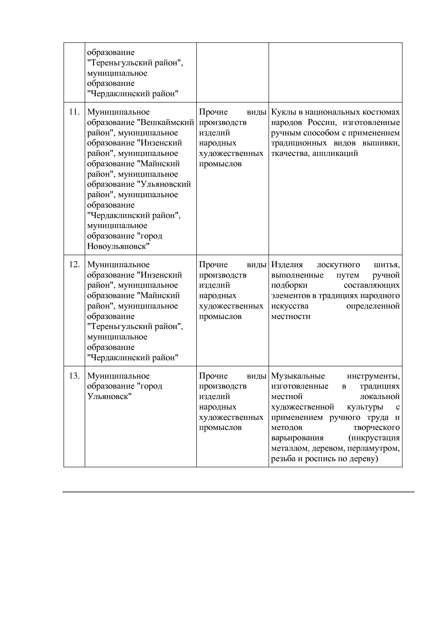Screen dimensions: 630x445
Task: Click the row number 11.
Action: pyautogui.click(x=74, y=112)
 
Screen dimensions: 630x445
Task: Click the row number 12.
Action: pyautogui.click(x=74, y=265)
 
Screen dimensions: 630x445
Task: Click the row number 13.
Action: pyautogui.click(x=74, y=376)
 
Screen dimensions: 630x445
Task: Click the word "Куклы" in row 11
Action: pyautogui.click(x=282, y=112)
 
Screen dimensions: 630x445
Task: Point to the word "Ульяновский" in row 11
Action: pyautogui.click(x=164, y=184)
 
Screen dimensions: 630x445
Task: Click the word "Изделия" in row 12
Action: pyautogui.click(x=287, y=265)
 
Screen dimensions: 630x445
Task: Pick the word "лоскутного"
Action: pyautogui.click(x=338, y=265)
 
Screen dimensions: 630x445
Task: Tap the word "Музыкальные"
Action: pyautogui.click(x=298, y=376)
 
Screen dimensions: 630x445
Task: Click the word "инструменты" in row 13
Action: pyautogui.click(x=373, y=376)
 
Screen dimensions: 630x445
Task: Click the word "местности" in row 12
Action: pyautogui.click(x=291, y=316)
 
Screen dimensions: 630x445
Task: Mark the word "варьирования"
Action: pyautogui.click(x=297, y=438)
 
